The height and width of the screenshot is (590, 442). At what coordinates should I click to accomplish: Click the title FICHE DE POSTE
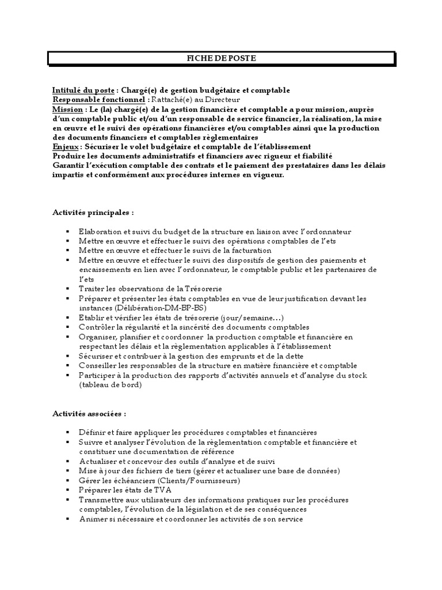221,58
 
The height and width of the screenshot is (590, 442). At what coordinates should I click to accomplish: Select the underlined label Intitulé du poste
84,90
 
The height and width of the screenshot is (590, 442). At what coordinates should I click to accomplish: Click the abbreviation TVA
155,490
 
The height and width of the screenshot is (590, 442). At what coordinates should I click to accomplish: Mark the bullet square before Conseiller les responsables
67,366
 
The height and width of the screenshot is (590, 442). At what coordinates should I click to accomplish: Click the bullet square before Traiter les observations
67,289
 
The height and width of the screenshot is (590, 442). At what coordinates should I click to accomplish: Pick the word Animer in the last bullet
92,519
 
